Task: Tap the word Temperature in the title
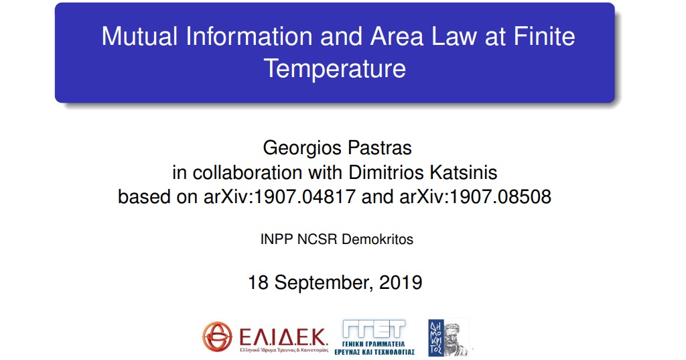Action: [x=335, y=69]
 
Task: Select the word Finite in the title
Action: [x=544, y=36]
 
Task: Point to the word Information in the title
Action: [x=249, y=36]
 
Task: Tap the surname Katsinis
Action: [x=464, y=172]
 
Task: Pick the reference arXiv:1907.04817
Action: [x=279, y=196]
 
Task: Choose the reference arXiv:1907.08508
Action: [x=475, y=196]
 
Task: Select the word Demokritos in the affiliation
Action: [x=377, y=239]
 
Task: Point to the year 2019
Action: [x=401, y=282]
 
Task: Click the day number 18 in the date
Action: [x=258, y=282]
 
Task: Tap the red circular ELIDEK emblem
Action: [x=217, y=337]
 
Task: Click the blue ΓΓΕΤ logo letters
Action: [x=374, y=329]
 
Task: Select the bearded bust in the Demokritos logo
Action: [x=456, y=339]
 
